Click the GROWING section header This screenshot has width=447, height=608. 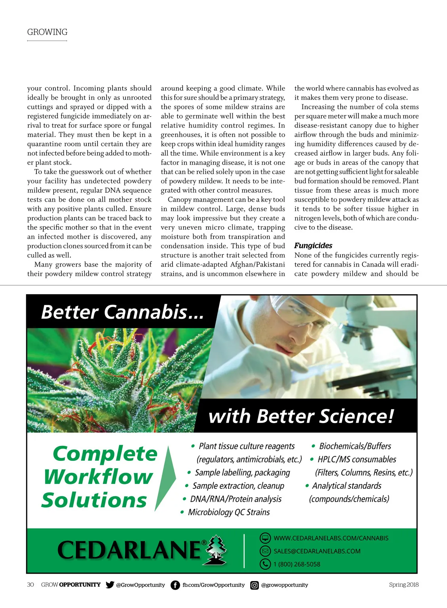click(x=47, y=32)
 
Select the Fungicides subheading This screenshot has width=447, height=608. click(x=313, y=246)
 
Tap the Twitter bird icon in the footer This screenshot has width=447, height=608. click(x=110, y=585)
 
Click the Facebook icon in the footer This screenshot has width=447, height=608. click(x=175, y=585)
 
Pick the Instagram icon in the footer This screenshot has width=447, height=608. click(x=254, y=585)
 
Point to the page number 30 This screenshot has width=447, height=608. click(x=31, y=585)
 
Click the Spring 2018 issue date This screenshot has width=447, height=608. click(x=403, y=585)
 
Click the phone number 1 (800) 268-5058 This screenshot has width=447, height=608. click(x=297, y=564)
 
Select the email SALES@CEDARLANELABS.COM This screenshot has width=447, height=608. click(x=317, y=551)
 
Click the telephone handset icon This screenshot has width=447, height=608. click(x=265, y=564)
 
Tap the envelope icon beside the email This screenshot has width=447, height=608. click(x=265, y=551)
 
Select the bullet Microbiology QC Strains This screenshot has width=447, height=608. click(x=229, y=512)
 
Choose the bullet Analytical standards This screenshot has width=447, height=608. click(x=346, y=486)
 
